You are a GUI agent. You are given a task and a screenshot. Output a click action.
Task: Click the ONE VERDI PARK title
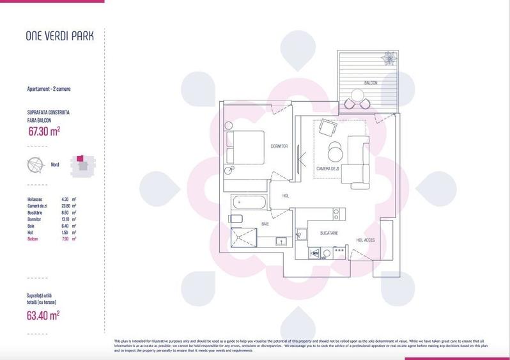coord(59,36)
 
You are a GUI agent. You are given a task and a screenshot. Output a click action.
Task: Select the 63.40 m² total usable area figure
coord(44,315)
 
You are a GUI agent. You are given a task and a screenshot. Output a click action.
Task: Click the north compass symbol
coord(36,164)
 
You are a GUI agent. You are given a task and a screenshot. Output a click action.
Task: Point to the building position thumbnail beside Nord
coord(82,164)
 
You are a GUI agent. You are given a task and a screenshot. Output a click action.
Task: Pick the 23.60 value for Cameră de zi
coord(65,206)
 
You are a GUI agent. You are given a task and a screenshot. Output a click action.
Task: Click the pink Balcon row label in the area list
coord(33,239)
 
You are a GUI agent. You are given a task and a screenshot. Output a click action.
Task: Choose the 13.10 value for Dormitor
coord(65,219)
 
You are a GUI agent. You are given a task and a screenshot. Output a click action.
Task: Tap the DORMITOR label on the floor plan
coord(279,146)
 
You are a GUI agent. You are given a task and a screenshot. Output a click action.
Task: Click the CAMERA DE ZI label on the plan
coord(330,169)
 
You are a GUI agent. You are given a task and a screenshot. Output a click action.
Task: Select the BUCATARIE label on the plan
coord(329,234)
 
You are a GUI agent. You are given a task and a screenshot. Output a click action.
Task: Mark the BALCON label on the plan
coord(371,84)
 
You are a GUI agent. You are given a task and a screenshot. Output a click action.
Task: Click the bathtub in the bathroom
coord(247,203)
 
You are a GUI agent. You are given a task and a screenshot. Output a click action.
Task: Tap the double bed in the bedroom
coord(245,148)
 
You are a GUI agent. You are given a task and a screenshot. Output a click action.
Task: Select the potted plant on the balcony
coord(387,59)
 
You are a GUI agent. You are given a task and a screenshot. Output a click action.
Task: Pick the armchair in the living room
coord(328,129)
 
